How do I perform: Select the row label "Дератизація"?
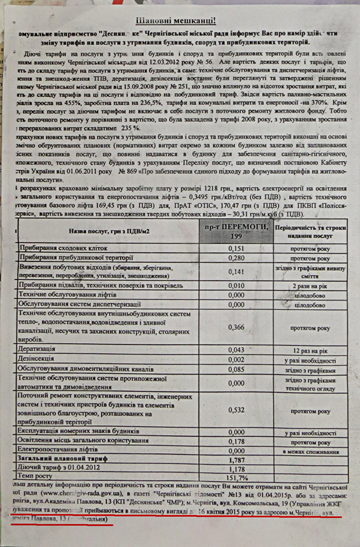pyautogui.click(x=37, y=350)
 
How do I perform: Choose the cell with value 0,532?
pyautogui.click(x=236, y=410)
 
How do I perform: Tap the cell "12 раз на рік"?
pyautogui.click(x=313, y=350)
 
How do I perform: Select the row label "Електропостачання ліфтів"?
pyautogui.click(x=60, y=450)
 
